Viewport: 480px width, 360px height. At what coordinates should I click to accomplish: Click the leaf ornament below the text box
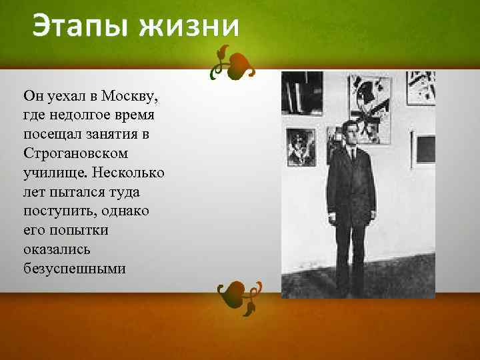pyautogui.click(x=237, y=295)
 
